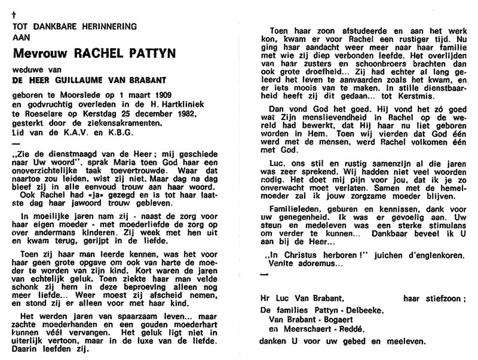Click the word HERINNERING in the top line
pyautogui.click(x=106, y=26)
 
